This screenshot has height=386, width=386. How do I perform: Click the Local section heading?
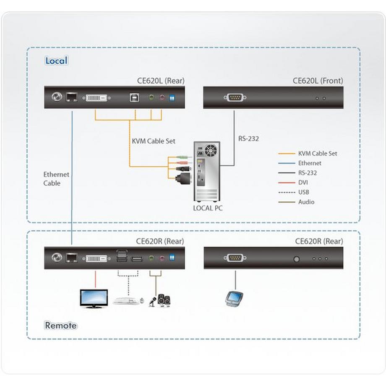click(x=56, y=60)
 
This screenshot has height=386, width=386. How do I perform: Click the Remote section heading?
click(x=61, y=325)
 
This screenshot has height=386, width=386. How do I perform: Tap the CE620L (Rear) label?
click(x=161, y=81)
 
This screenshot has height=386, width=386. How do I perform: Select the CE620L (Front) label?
click(x=318, y=81)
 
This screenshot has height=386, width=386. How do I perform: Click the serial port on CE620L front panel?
click(x=235, y=98)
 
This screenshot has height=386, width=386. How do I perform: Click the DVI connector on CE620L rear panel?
click(x=98, y=98)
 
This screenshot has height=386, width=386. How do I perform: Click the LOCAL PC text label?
click(x=208, y=208)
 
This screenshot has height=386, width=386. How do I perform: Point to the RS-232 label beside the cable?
click(x=248, y=138)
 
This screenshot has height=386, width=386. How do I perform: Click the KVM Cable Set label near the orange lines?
click(x=154, y=141)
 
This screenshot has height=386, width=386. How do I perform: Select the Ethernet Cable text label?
click(x=56, y=179)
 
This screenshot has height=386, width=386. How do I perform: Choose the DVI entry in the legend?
click(x=303, y=183)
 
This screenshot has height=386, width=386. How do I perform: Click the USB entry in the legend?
click(x=304, y=192)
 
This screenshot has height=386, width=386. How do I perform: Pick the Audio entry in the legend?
click(x=306, y=202)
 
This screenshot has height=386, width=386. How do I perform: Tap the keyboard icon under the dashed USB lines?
click(x=125, y=301)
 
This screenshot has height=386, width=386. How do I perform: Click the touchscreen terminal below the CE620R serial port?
click(x=235, y=299)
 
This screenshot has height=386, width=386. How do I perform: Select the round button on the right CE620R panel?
click(x=297, y=259)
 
